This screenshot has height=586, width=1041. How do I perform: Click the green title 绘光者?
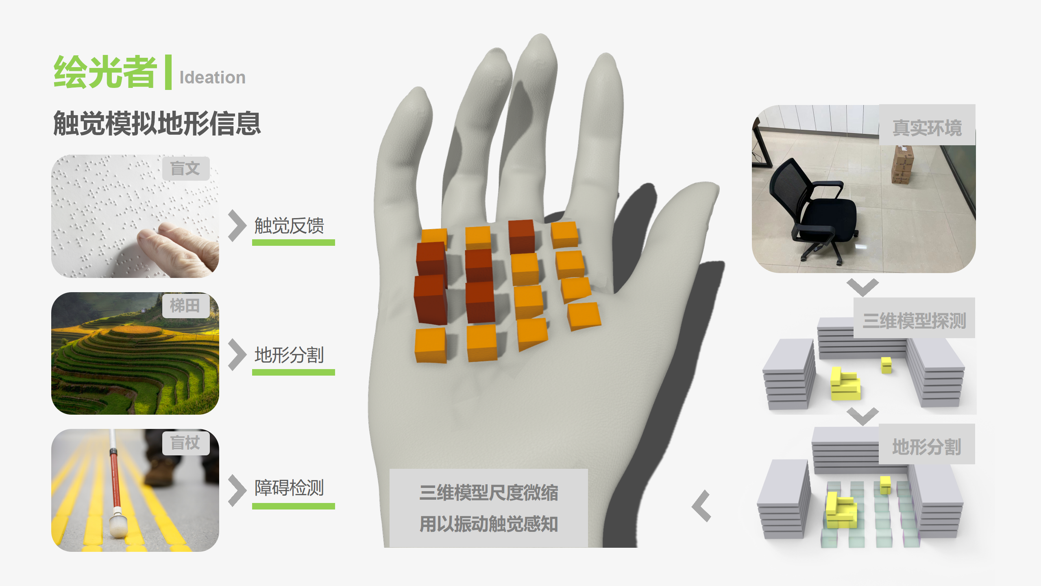click(x=105, y=72)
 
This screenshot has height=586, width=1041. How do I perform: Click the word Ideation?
click(x=212, y=77)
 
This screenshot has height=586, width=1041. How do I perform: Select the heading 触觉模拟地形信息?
click(x=157, y=123)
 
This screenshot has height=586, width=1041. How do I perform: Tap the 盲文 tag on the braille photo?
click(x=185, y=168)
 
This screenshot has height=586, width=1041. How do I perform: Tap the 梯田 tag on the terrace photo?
click(x=185, y=305)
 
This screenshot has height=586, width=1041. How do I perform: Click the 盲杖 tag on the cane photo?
click(x=185, y=443)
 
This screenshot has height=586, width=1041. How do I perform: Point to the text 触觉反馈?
click(x=289, y=226)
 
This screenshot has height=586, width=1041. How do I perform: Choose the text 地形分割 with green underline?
click(x=289, y=355)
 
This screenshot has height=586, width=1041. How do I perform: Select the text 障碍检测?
click(x=289, y=488)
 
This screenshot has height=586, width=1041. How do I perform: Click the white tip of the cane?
click(x=118, y=527)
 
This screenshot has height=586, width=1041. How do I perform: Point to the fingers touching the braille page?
click(x=179, y=244)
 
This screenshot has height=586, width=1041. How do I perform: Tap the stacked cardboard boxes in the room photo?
click(x=903, y=165)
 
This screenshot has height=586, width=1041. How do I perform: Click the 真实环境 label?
click(x=927, y=128)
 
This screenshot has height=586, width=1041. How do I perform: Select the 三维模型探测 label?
click(x=914, y=321)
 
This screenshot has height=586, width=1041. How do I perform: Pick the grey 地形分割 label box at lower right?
click(x=927, y=446)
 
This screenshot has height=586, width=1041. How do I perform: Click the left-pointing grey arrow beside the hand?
click(x=701, y=506)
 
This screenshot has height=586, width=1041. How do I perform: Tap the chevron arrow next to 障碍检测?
click(x=237, y=490)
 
